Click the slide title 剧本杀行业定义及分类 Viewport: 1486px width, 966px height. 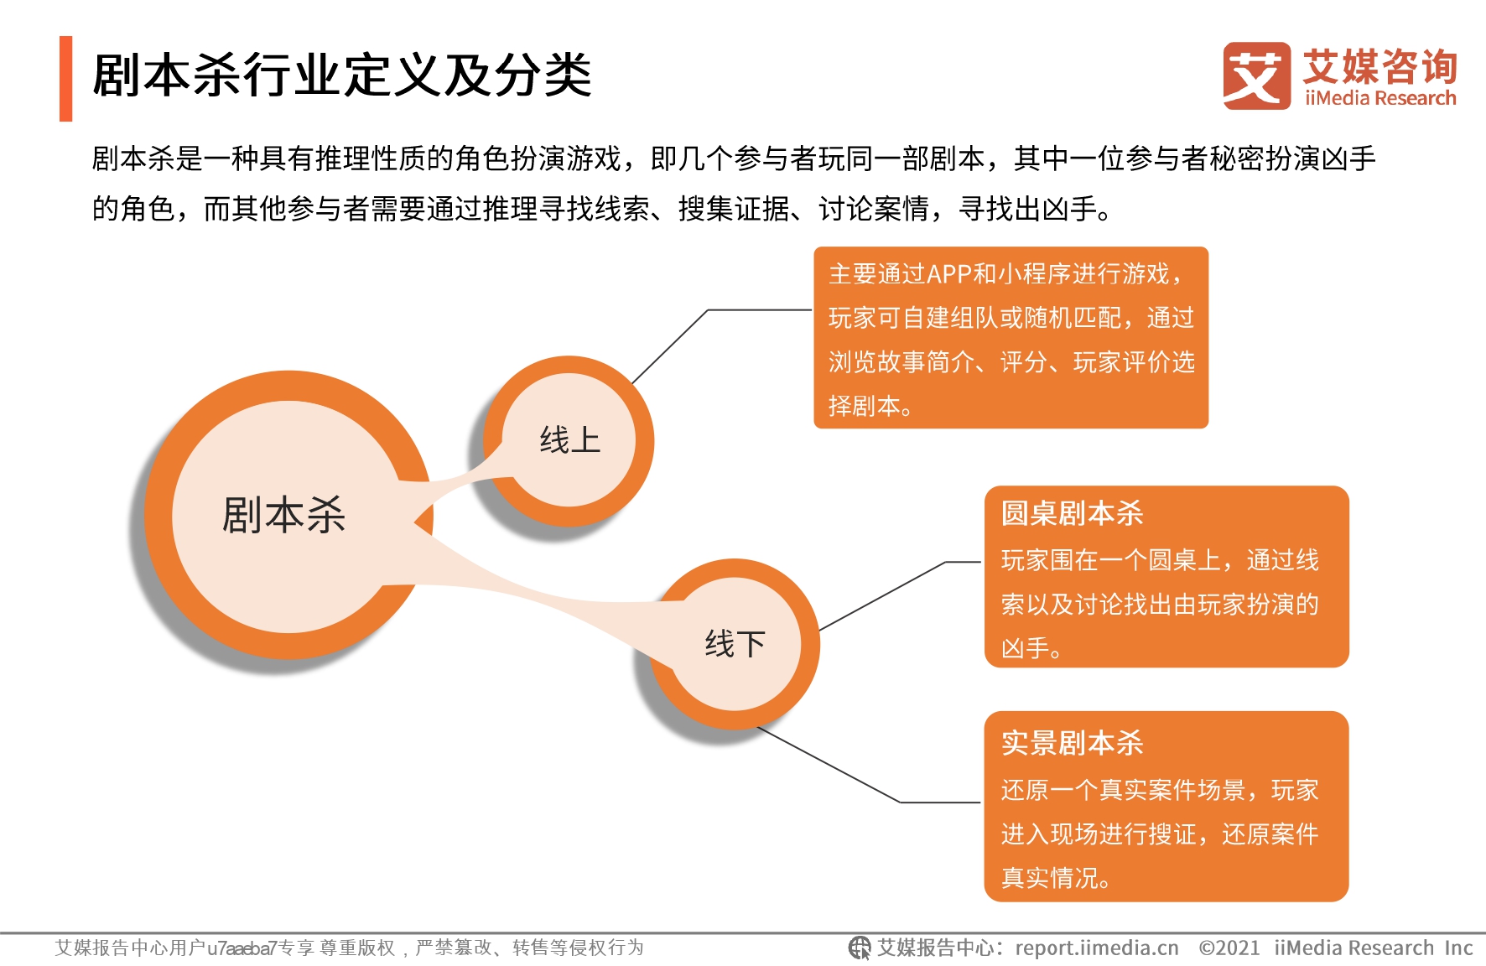[342, 75]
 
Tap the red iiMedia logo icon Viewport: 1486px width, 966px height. [1256, 76]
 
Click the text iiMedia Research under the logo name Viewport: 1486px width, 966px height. [1380, 98]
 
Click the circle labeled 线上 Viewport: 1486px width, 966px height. [569, 441]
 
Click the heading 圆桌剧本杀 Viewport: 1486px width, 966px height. [1072, 513]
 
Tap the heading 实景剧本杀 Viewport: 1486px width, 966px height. [1072, 743]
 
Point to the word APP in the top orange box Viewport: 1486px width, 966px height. [949, 274]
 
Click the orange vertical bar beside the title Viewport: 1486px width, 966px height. [65, 79]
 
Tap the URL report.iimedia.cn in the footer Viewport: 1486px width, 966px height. [1097, 948]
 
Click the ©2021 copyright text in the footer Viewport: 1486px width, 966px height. [1229, 948]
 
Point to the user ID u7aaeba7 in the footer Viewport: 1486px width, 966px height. [242, 948]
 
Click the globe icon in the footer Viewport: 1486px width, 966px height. [860, 948]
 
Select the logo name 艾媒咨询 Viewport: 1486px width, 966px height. [1380, 66]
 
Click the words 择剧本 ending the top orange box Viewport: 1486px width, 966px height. [864, 406]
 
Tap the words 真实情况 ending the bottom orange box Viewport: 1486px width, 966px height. [1049, 878]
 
